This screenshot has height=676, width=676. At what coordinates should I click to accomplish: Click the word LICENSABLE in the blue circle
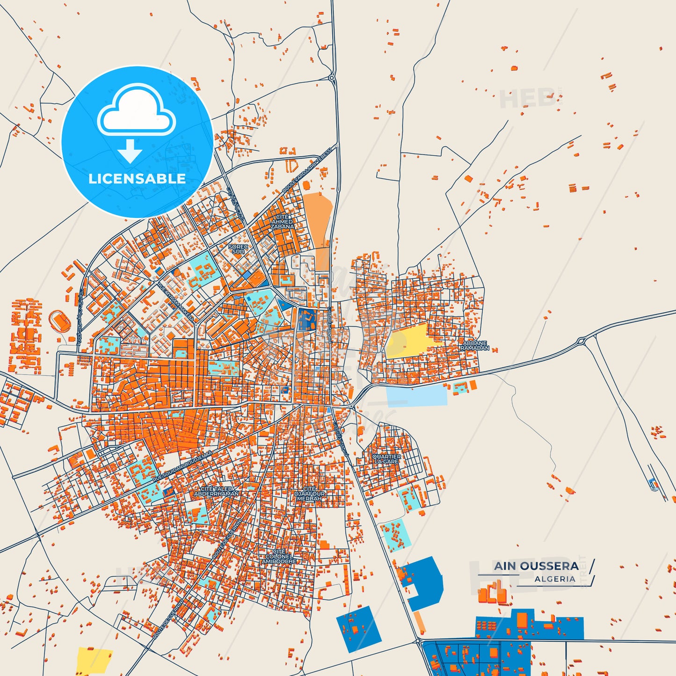point(137,179)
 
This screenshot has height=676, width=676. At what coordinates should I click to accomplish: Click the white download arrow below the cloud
point(130,151)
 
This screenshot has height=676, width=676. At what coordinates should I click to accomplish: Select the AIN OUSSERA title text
point(536,566)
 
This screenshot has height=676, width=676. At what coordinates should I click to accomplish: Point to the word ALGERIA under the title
point(555,579)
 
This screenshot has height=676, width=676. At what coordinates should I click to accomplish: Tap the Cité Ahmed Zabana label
point(282,222)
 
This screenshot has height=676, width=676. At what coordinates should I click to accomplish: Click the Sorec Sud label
point(238,249)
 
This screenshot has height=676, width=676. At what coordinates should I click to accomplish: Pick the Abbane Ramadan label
point(475,346)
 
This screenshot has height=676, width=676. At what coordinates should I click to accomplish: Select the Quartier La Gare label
point(386,459)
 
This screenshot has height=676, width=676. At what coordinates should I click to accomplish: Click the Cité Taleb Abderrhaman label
point(216,491)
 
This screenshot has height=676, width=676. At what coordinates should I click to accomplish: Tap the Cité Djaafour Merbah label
point(310,494)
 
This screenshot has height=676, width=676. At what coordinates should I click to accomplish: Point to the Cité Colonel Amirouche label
point(279,557)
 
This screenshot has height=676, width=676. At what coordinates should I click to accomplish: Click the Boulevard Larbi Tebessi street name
point(307,170)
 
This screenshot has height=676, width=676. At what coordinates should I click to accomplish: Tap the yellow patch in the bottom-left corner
point(94,660)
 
